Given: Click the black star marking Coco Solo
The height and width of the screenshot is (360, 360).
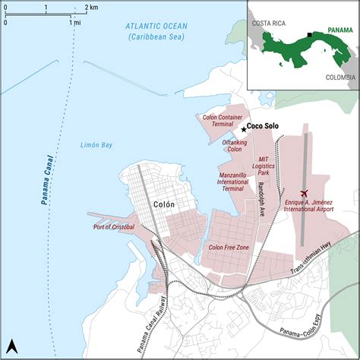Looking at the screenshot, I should click(243, 129).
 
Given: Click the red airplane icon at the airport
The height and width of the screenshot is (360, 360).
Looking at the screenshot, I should click(305, 194).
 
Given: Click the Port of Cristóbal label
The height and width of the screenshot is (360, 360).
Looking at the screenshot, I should click(115, 226).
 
